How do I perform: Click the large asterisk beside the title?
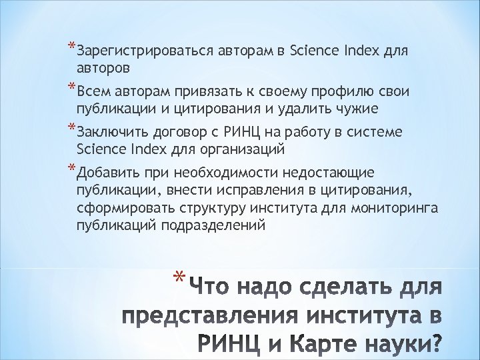click(178, 279)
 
